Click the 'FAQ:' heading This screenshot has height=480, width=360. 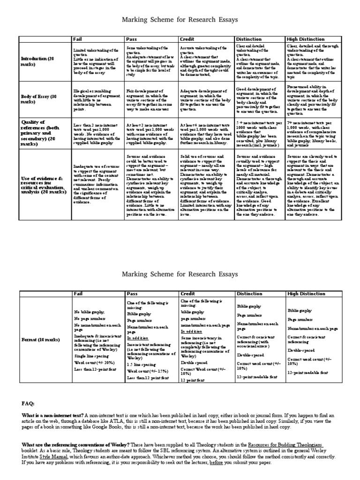[29, 403]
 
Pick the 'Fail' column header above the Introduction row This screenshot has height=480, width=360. [77, 39]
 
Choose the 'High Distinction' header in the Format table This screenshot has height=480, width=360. [306, 294]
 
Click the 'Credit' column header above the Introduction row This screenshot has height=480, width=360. [187, 39]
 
